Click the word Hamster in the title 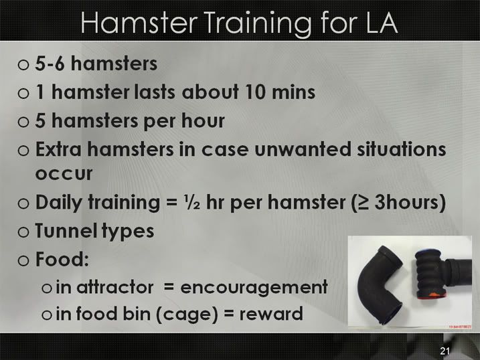[x=139, y=23]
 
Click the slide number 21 [x=445, y=351]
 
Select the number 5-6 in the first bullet [x=50, y=64]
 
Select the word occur [x=64, y=174]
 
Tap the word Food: [x=62, y=259]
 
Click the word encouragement [x=254, y=288]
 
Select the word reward [x=271, y=314]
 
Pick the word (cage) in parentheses [x=187, y=314]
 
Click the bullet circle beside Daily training [x=23, y=203]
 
